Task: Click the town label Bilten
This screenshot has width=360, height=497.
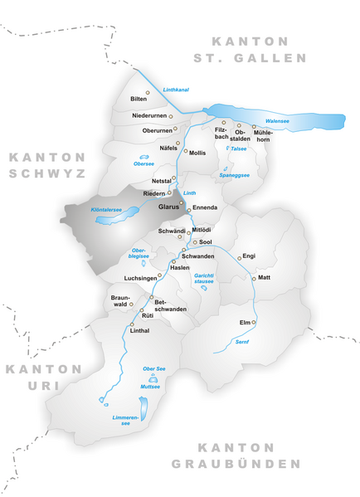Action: (139, 99)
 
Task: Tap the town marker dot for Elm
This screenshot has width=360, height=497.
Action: (254, 321)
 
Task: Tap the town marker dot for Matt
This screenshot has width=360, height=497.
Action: (254, 278)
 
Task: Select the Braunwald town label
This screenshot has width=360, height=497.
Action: (120, 300)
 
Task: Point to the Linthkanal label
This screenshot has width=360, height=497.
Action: (177, 89)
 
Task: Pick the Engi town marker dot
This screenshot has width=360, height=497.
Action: (240, 258)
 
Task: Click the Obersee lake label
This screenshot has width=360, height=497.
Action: (144, 163)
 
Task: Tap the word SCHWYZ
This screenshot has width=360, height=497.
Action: (46, 174)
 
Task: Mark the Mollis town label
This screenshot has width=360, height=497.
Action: (197, 153)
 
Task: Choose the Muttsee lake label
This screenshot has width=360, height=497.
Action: (150, 387)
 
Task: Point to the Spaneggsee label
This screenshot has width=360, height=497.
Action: (234, 176)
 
